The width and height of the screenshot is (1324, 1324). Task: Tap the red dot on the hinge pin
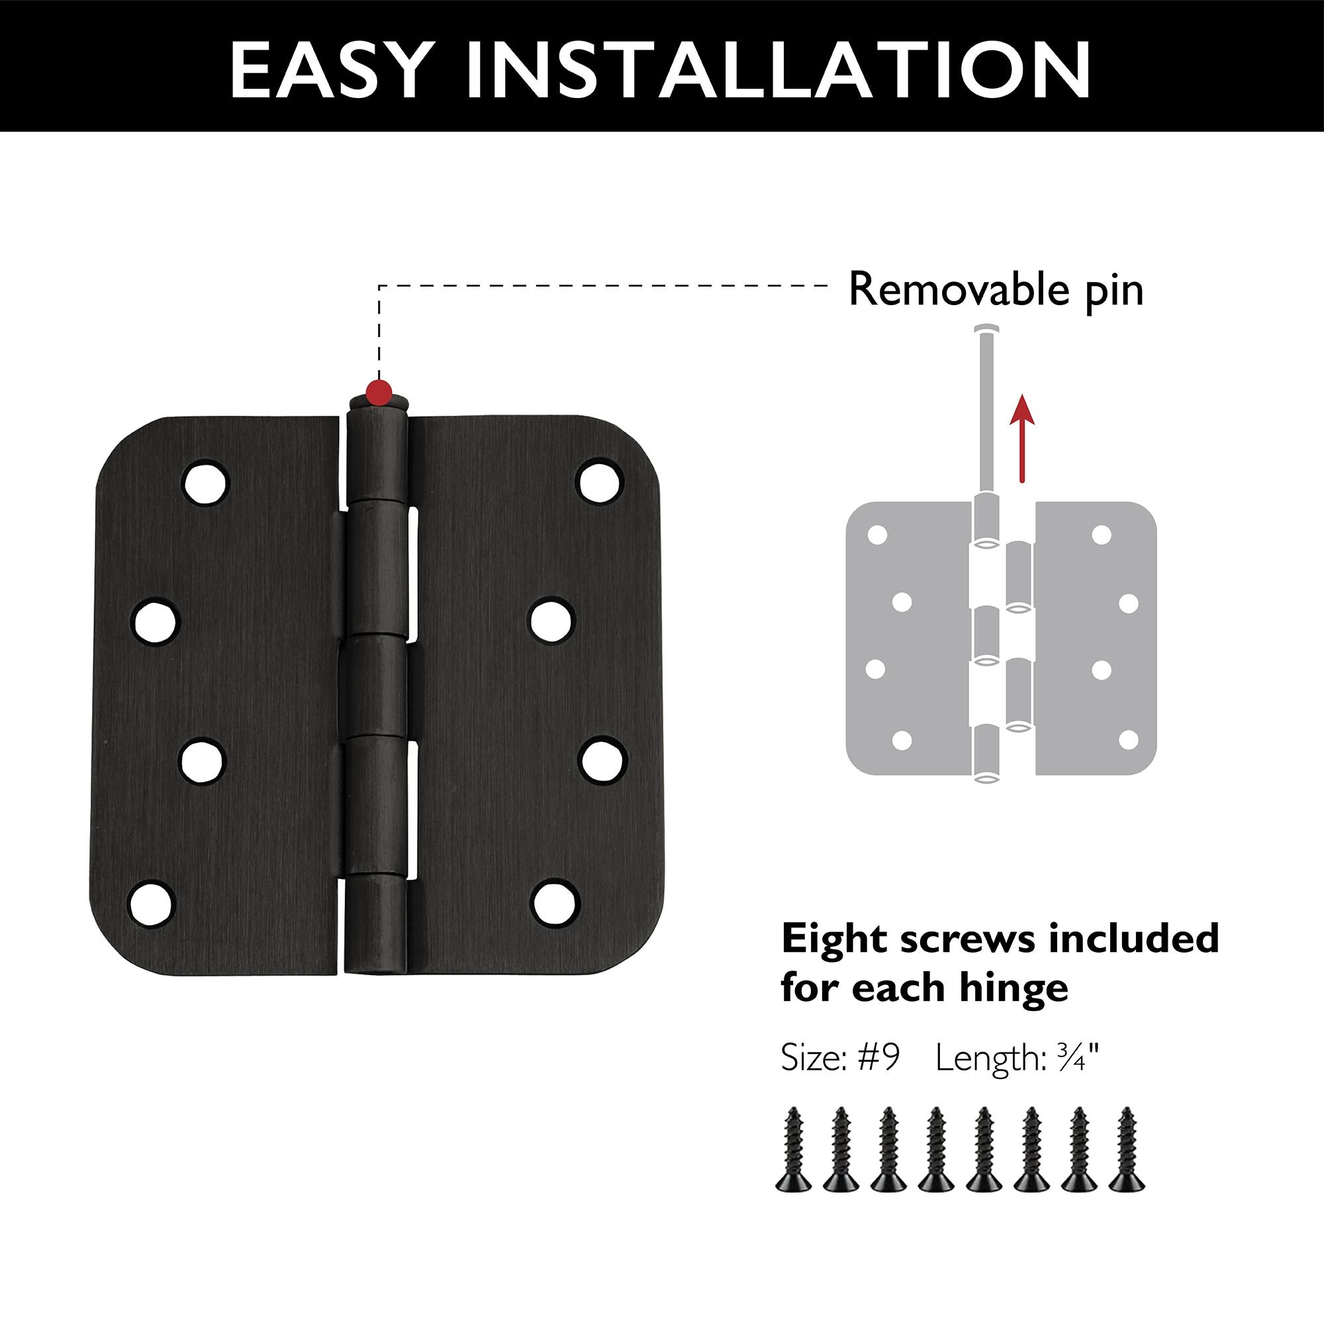(379, 392)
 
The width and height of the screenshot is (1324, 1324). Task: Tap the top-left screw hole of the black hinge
(205, 481)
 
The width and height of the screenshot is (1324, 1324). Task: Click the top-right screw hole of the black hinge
(600, 481)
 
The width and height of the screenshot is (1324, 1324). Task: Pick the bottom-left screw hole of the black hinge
(152, 902)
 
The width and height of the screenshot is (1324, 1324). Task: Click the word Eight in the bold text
(835, 939)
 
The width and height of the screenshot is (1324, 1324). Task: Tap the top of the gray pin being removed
(986, 330)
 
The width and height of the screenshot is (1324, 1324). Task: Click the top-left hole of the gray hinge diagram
(877, 535)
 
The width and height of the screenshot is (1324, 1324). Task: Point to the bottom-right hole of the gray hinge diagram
(1127, 741)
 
